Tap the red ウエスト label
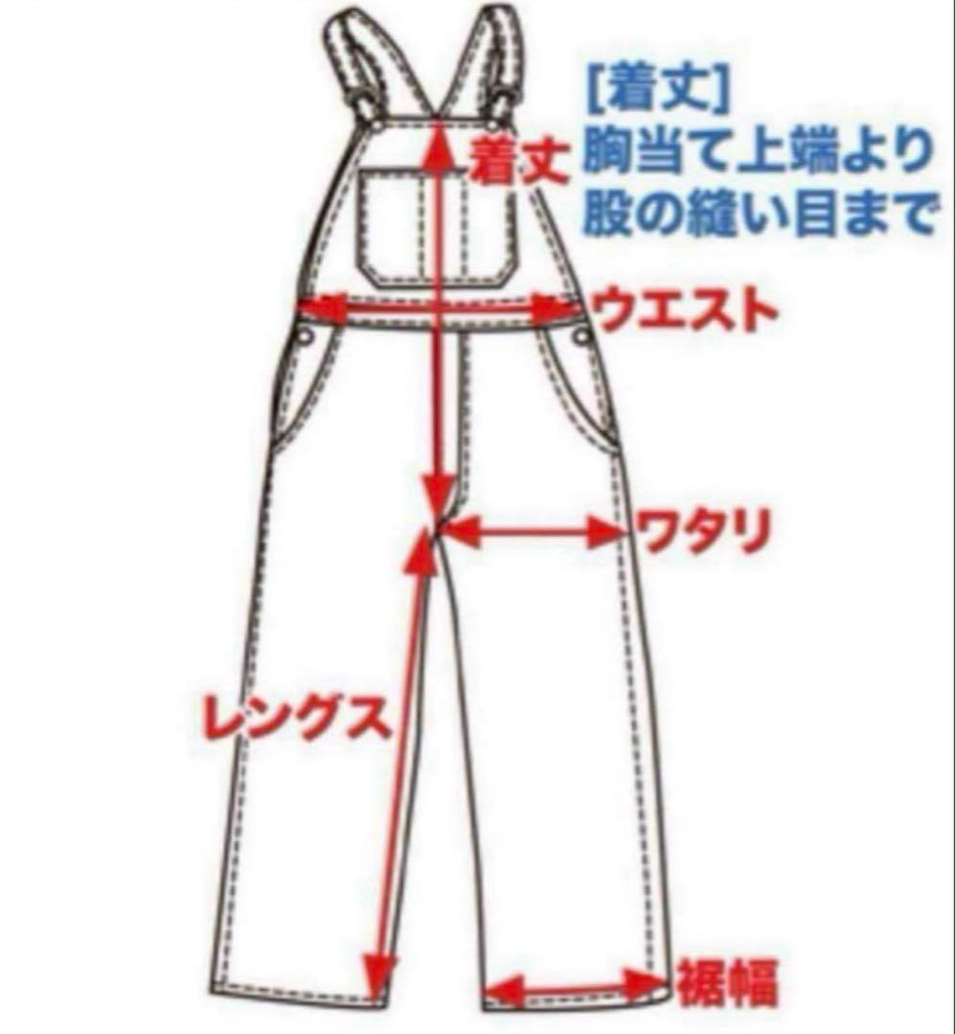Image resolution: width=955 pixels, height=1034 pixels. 682,311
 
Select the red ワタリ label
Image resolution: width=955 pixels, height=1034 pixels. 703,532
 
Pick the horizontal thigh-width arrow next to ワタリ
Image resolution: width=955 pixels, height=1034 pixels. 533,532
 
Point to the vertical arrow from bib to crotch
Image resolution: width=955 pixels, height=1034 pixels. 440,316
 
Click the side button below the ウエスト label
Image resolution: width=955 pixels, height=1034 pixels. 580,334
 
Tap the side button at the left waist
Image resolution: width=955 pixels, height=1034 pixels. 305,336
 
